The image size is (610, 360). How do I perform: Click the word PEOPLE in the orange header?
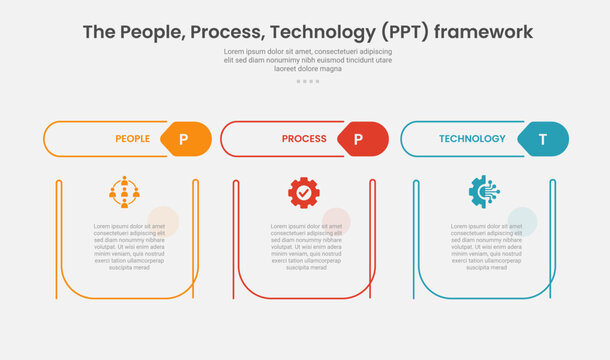point(133,139)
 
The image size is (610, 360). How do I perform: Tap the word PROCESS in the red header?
point(304,139)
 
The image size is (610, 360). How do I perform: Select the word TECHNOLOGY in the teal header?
point(472,139)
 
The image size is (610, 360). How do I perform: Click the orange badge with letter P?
point(184,139)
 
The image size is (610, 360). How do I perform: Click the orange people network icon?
point(124,192)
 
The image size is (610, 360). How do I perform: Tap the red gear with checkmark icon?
point(304,192)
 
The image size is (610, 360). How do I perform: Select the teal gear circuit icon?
point(485,192)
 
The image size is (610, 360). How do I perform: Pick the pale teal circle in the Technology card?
point(522,222)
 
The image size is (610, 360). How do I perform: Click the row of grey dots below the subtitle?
point(307,81)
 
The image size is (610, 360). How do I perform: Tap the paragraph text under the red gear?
point(305,247)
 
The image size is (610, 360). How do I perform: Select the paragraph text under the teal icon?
point(486,247)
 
